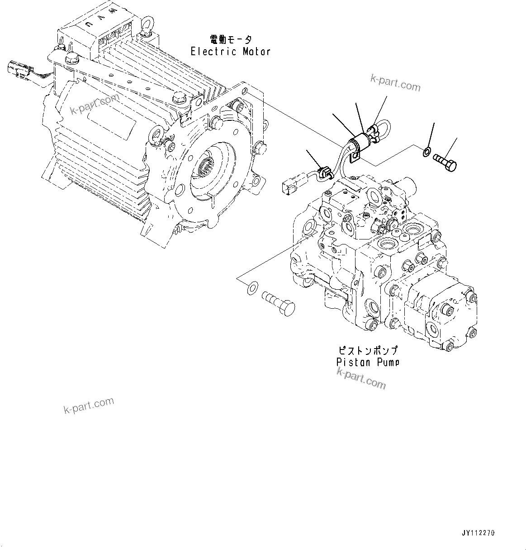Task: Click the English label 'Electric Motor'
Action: click(x=230, y=51)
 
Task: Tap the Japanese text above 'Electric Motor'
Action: click(x=230, y=40)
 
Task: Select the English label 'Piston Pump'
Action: click(x=368, y=362)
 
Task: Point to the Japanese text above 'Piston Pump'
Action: click(x=368, y=351)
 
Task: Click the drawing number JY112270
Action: click(x=479, y=533)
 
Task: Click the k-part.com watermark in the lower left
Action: click(x=88, y=406)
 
